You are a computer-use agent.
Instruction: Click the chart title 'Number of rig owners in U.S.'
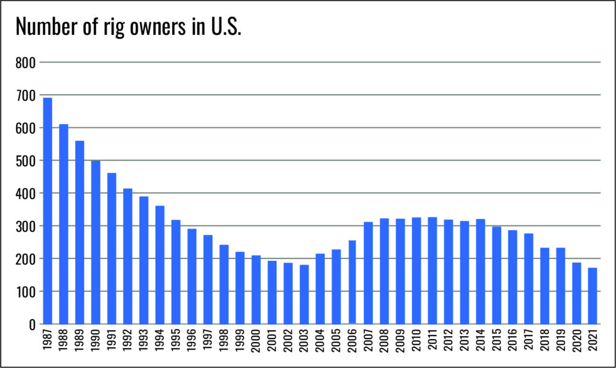click(128, 28)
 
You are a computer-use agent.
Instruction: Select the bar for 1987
click(48, 211)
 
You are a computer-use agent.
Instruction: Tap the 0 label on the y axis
click(32, 324)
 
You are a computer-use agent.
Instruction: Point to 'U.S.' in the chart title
click(224, 28)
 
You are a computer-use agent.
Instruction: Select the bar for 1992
click(128, 256)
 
